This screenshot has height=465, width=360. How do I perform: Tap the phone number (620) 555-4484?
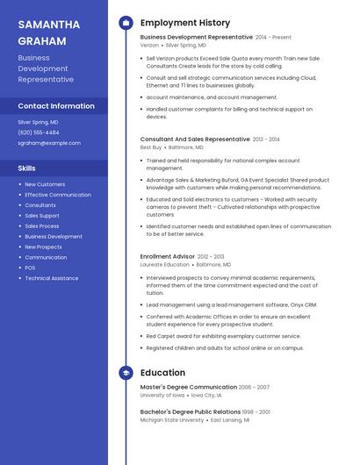(x=39, y=132)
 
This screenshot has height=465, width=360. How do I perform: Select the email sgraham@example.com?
(x=49, y=143)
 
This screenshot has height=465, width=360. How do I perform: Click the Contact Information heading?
(x=56, y=106)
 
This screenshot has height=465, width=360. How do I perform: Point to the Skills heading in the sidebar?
(x=27, y=168)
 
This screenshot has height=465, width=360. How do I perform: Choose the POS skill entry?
(x=30, y=268)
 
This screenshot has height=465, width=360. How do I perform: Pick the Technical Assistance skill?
(x=51, y=278)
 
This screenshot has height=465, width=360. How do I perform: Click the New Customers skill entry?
(x=45, y=184)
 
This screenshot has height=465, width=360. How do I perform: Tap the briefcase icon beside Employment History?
(x=126, y=23)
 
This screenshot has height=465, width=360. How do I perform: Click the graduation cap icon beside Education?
(x=126, y=373)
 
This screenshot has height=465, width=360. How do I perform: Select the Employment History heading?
(x=185, y=23)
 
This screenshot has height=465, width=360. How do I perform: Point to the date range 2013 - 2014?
(x=266, y=139)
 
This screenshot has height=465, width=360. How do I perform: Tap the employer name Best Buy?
(x=151, y=147)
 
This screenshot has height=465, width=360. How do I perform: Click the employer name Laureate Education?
(x=164, y=264)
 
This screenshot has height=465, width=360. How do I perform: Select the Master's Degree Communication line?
(x=189, y=387)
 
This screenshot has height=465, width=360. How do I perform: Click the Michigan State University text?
(x=172, y=420)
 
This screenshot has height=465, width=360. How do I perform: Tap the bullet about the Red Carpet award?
(x=223, y=336)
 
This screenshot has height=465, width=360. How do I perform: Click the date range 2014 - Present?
(x=273, y=38)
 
